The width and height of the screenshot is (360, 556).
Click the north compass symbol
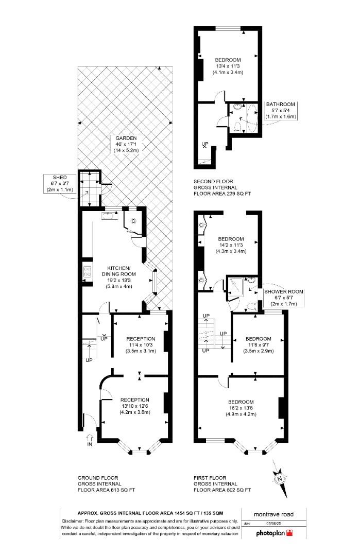(280, 479)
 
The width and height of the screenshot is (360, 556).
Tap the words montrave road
(273, 513)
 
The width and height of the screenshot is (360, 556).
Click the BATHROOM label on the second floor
(280, 104)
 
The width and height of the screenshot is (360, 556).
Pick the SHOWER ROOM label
(284, 291)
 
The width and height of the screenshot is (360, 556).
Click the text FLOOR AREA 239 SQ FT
(221, 194)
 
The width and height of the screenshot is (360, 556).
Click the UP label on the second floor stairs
(204, 144)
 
